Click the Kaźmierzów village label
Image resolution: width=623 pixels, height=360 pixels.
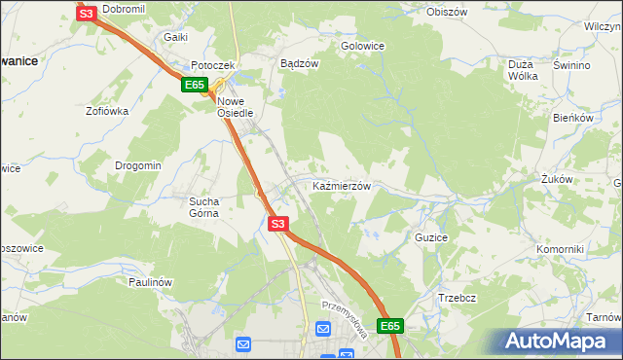(341, 185)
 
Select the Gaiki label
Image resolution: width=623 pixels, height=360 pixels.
(175, 37)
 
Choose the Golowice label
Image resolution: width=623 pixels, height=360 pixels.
(362, 46)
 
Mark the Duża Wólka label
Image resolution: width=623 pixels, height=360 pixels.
(524, 70)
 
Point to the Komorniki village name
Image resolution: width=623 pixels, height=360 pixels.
(560, 249)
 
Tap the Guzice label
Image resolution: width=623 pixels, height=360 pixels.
(431, 236)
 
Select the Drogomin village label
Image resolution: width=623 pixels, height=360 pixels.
(137, 165)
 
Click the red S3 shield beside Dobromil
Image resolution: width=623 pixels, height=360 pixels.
(87, 14)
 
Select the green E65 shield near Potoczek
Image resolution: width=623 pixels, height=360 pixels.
(195, 86)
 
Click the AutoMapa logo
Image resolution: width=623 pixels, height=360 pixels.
(558, 341)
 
